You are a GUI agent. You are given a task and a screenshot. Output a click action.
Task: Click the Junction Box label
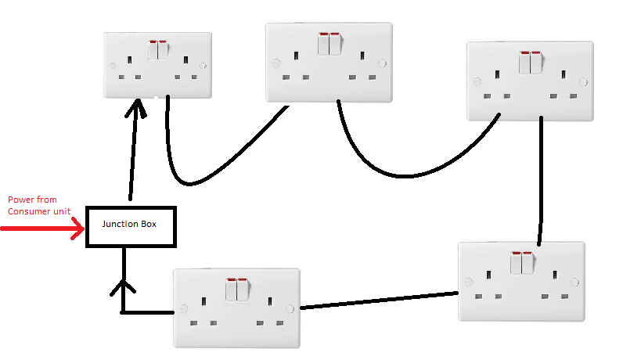coord(130,225)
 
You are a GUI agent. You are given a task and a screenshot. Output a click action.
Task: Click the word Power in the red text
coord(20,200)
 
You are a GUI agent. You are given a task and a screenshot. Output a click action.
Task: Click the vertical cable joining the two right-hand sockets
coord(541,180)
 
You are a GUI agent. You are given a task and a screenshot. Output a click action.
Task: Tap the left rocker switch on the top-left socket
coord(153,50)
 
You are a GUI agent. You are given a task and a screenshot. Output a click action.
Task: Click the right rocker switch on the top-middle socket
coord(335,44)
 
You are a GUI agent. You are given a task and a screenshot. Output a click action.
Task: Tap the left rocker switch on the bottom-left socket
coord(232,290)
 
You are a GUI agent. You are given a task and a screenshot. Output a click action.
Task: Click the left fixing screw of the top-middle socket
coord(276,63)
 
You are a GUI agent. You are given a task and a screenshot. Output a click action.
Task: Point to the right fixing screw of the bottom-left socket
coord(290,309)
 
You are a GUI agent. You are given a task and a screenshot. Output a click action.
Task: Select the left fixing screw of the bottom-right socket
coord(467,282)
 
